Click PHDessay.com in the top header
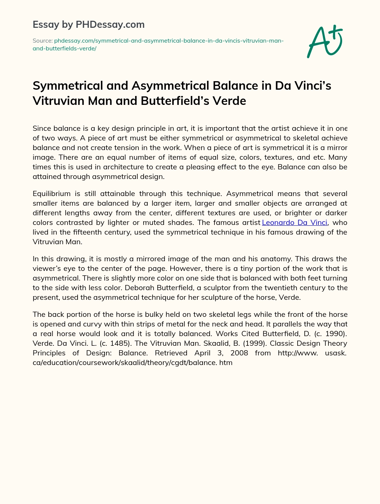[110, 24]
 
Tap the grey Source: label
[42, 41]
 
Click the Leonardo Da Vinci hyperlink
[295, 222]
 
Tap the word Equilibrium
[52, 193]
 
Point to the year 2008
[239, 353]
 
